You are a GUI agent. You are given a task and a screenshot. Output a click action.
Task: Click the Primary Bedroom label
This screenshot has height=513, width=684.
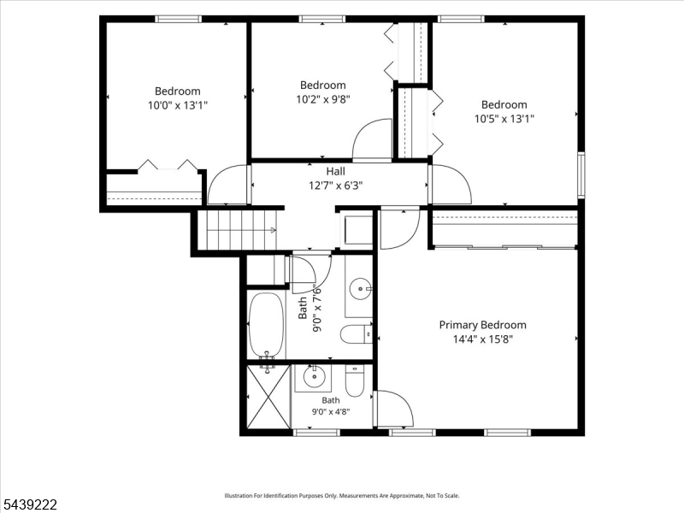[482, 325]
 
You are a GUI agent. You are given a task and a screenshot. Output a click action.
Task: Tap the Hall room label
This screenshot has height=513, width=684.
[335, 172]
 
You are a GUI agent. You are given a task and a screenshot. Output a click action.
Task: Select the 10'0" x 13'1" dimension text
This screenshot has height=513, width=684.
[178, 105]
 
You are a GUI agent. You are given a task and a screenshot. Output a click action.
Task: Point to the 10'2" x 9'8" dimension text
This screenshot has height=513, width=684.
[323, 99]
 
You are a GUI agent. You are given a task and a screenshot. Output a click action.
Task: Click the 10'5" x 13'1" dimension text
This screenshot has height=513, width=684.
[504, 119]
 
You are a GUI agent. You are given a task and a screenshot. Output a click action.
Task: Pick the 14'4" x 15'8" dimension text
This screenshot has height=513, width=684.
[483, 339]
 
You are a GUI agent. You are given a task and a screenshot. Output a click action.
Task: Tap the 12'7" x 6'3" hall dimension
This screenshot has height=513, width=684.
[335, 186]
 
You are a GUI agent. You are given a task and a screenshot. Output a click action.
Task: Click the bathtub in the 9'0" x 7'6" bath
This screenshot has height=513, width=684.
[266, 326]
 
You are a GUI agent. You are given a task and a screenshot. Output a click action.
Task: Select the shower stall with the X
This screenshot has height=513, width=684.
[268, 397]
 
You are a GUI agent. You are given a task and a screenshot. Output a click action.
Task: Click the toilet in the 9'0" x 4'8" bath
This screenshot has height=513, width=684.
[354, 380]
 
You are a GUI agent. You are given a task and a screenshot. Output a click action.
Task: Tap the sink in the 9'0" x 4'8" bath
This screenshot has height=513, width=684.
[313, 378]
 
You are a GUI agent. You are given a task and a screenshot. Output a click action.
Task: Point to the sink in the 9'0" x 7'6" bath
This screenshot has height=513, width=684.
[360, 288]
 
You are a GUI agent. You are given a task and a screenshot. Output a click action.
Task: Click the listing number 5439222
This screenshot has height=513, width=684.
[29, 504]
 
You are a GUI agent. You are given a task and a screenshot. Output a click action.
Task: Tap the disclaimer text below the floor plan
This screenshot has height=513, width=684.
[341, 496]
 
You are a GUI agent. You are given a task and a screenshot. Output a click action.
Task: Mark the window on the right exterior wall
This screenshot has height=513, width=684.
[581, 174]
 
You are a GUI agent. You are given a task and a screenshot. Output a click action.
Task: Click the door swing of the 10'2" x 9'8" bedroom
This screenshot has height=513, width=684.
[372, 139]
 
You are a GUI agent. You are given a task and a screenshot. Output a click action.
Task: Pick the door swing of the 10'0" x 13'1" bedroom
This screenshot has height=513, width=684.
[227, 184]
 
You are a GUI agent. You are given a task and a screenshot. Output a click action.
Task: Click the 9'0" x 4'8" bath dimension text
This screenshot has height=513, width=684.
[331, 411]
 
